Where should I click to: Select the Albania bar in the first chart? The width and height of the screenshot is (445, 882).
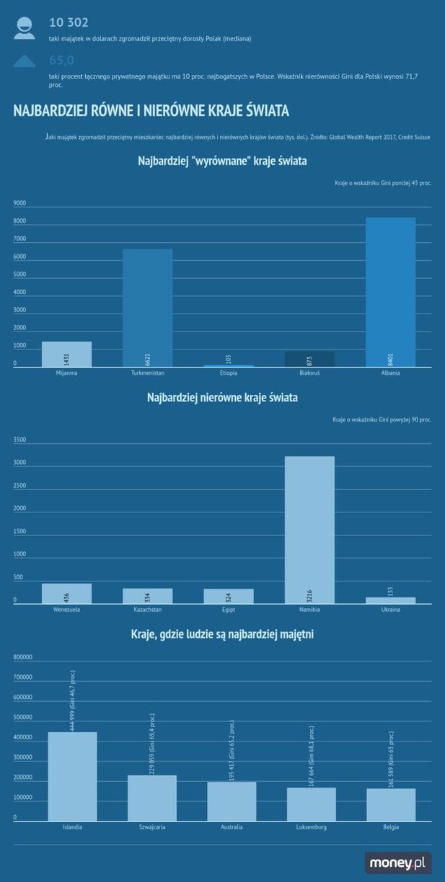(x=390, y=292)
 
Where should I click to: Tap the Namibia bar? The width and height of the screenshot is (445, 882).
(x=309, y=529)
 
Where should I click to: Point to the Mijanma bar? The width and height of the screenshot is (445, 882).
(x=66, y=354)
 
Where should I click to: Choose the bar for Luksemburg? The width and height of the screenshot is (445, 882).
(x=311, y=803)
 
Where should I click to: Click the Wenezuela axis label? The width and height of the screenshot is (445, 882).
(x=66, y=610)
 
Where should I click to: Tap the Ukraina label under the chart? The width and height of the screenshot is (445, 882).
(x=390, y=610)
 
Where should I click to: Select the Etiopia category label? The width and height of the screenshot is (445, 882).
(x=229, y=373)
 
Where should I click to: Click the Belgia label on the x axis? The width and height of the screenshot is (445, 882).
(x=391, y=827)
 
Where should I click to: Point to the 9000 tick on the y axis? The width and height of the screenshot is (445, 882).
(x=19, y=203)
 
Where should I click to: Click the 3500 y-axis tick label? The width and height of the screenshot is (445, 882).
(x=19, y=440)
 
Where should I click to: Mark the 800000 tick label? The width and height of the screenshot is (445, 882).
(x=24, y=657)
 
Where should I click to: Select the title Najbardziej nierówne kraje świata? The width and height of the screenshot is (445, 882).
(x=222, y=397)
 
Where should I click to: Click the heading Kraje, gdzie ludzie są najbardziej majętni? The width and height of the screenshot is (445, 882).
(x=222, y=634)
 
